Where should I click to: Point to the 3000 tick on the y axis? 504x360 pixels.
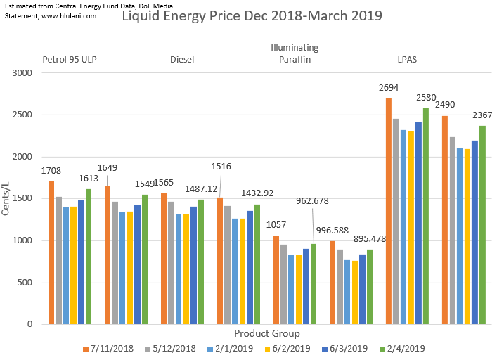(x=22, y=73)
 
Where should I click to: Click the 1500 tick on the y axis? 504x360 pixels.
(x=22, y=199)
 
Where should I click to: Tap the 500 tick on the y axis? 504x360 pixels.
(x=25, y=283)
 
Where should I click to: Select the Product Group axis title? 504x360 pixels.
(x=266, y=333)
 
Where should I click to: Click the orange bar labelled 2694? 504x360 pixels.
(x=389, y=211)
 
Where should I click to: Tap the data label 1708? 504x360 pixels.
(x=51, y=170)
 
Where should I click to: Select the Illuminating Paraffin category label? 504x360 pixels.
(x=295, y=53)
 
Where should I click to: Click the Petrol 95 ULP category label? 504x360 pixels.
(x=70, y=60)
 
